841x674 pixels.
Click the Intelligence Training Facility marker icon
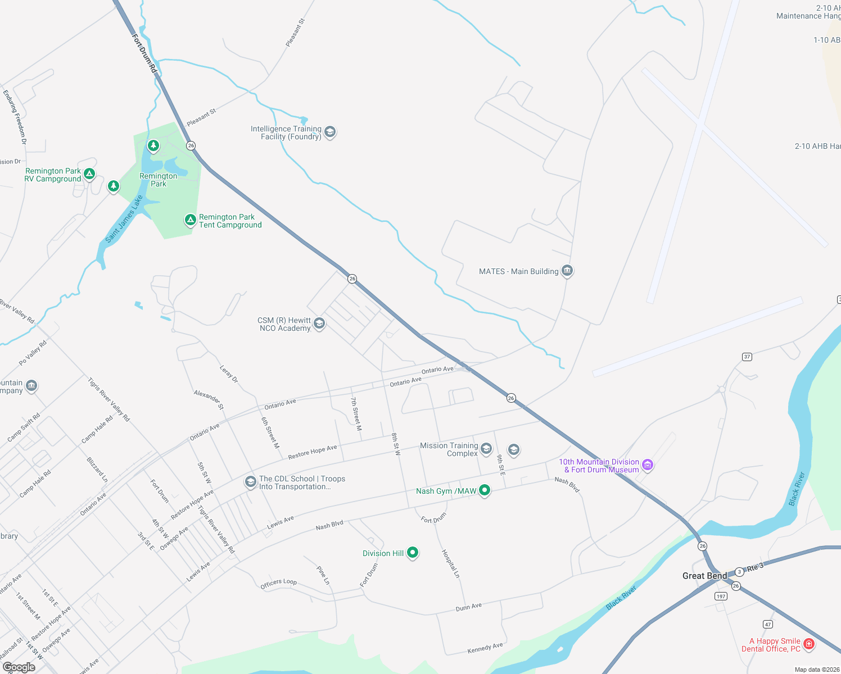pyautogui.click(x=330, y=133)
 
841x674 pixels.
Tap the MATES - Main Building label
pyautogui.click(x=518, y=271)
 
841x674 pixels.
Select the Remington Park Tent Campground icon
pyautogui.click(x=191, y=220)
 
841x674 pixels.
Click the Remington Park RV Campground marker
pyautogui.click(x=89, y=174)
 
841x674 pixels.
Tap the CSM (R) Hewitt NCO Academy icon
pyautogui.click(x=319, y=324)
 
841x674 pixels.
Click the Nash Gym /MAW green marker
pyautogui.click(x=484, y=490)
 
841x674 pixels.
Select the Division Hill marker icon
pyautogui.click(x=413, y=553)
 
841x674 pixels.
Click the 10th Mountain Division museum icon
pyautogui.click(x=648, y=464)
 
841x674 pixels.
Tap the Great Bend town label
pyautogui.click(x=704, y=576)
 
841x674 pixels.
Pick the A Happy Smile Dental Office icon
pyautogui.click(x=809, y=644)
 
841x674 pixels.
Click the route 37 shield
pyautogui.click(x=747, y=357)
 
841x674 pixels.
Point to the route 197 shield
pyautogui.click(x=721, y=596)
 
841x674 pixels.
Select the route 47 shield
pyautogui.click(x=768, y=624)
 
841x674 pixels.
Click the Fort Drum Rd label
pyautogui.click(x=144, y=53)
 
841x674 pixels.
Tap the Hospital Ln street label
pyautogui.click(x=451, y=563)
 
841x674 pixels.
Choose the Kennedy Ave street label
pyautogui.click(x=485, y=648)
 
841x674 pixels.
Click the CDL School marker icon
pyautogui.click(x=250, y=482)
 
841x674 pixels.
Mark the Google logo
pyautogui.click(x=19, y=667)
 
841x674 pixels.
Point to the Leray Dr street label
pyautogui.click(x=229, y=374)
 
